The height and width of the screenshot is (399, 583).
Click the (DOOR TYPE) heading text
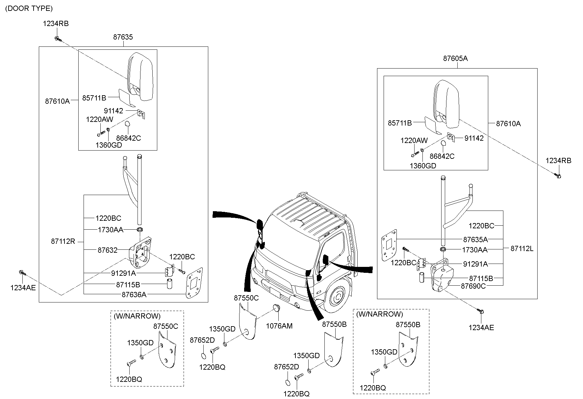click(x=29, y=9)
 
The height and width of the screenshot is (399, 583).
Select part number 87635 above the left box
click(x=123, y=37)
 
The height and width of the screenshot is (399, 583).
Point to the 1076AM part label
click(x=279, y=326)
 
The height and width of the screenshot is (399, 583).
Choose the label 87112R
click(x=63, y=242)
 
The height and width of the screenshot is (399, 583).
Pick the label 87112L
click(x=522, y=249)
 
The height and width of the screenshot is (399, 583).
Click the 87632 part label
click(x=107, y=250)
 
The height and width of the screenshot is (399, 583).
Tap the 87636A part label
click(x=134, y=295)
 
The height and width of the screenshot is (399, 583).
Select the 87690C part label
click(x=473, y=286)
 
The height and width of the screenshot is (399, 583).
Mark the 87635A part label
click(x=475, y=239)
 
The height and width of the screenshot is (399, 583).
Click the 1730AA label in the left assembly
click(x=111, y=230)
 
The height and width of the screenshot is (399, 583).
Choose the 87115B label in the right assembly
click(x=481, y=278)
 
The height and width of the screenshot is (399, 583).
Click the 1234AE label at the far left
click(x=23, y=288)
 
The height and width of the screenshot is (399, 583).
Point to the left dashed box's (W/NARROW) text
click(x=137, y=316)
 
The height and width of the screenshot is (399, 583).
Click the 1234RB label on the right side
click(x=558, y=161)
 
